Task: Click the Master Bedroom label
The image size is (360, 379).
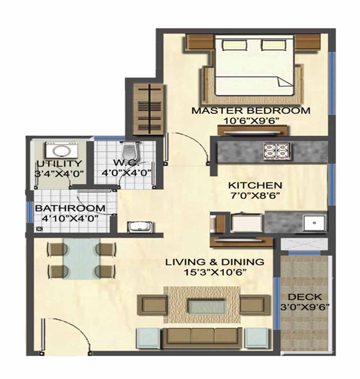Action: (251, 111)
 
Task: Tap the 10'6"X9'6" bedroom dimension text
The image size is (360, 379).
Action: (251, 121)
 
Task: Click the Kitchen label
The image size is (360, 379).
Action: (255, 186)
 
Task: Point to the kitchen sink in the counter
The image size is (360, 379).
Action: (314, 223)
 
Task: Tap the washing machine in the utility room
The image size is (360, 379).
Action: (62, 150)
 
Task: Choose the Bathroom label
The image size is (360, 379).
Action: (70, 208)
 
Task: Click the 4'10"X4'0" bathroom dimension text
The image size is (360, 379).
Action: (70, 218)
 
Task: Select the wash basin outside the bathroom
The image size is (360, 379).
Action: (139, 227)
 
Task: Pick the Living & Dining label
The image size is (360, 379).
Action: (215, 262)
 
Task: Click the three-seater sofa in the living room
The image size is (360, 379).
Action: (202, 337)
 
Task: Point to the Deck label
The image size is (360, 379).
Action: (305, 297)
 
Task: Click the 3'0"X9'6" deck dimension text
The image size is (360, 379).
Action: (305, 307)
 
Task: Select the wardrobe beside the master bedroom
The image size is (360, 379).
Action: (148, 109)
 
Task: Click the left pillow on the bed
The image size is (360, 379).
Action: (235, 45)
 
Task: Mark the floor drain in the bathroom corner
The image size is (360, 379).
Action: (39, 228)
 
